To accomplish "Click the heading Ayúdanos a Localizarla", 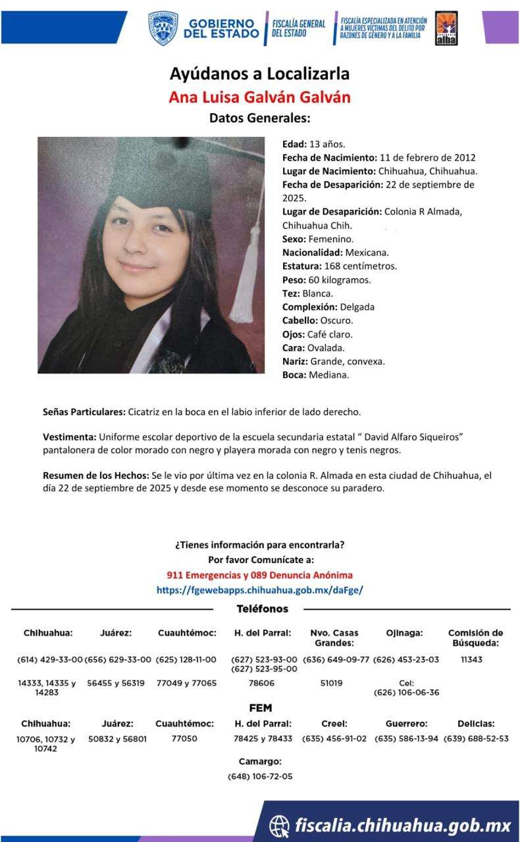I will pos(259,74).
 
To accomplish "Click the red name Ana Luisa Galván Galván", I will pos(259,97).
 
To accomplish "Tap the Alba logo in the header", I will pos(446,29).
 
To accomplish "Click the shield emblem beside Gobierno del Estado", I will pos(163,28).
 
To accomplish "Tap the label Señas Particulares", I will pos(84,412).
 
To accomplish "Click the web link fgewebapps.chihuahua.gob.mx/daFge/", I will pos(259,590).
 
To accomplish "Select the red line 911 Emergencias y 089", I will pos(259,575).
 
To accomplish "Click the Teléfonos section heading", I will pos(262,609).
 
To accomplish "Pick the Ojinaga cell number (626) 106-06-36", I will pos(406,693).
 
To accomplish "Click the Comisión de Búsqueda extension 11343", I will pos(471,659).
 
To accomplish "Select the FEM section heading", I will pos(260,708).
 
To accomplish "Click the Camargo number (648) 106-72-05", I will pos(260,776).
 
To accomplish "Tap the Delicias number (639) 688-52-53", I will pos(476,739).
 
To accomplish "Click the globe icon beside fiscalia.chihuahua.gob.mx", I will pos(279,825).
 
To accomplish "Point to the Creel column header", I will pos(334,724).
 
